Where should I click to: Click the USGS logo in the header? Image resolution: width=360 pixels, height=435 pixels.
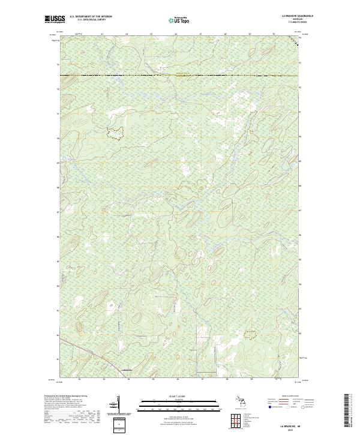[x=53, y=19]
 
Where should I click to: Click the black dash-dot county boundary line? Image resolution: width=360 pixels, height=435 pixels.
[x=180, y=76]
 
